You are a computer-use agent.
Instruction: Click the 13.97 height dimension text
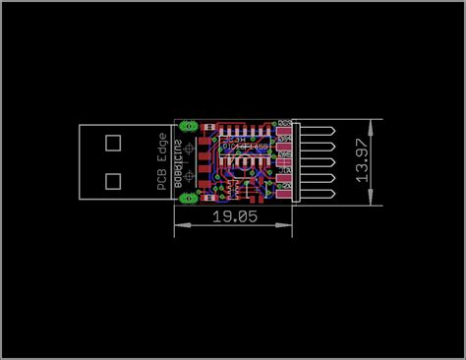click(x=363, y=160)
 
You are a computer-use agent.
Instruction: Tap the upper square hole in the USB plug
click(x=112, y=142)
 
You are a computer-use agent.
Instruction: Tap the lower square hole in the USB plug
click(x=112, y=181)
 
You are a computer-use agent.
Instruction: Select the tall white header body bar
click(x=296, y=160)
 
